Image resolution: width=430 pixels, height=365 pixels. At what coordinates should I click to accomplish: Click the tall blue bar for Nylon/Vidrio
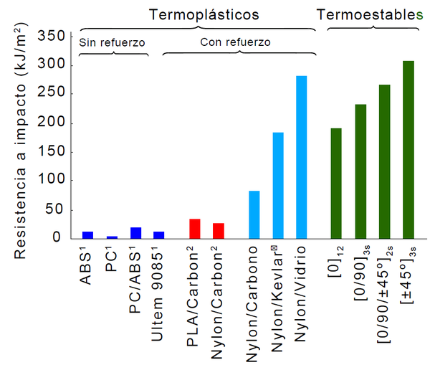(301, 157)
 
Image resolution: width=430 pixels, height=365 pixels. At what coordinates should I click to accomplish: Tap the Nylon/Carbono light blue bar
(254, 214)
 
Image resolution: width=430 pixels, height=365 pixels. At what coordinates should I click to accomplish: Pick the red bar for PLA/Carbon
(194, 229)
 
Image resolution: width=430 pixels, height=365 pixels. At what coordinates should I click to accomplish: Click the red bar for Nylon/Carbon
(219, 231)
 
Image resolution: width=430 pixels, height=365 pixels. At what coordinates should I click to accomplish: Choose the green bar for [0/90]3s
(360, 171)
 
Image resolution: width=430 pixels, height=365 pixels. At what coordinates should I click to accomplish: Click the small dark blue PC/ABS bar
(135, 233)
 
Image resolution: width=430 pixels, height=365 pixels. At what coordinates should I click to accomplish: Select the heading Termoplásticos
(204, 14)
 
